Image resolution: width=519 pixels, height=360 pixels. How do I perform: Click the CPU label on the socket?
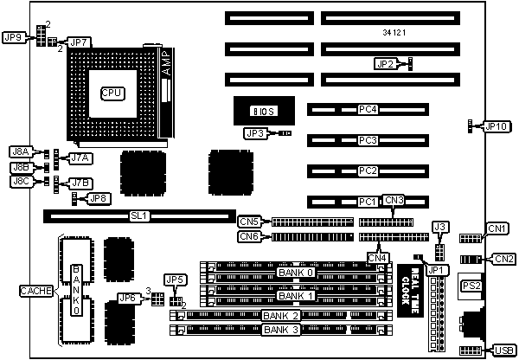pyautogui.click(x=112, y=92)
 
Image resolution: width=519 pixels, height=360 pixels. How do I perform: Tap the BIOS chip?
pyautogui.click(x=261, y=111)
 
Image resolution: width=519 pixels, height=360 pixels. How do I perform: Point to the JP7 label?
pyautogui.click(x=79, y=42)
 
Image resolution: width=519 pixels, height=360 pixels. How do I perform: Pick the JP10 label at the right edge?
pyautogui.click(x=497, y=126)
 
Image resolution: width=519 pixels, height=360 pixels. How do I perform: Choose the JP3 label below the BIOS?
pyautogui.click(x=255, y=133)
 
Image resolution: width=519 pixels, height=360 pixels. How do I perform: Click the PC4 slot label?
pyautogui.click(x=368, y=110)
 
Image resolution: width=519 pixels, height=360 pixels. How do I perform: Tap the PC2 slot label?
pyautogui.click(x=368, y=170)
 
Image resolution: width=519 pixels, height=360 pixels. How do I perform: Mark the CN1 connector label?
pyautogui.click(x=497, y=228)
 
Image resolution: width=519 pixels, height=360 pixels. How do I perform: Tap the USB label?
pyautogui.click(x=503, y=350)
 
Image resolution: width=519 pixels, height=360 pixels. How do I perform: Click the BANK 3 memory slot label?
pyautogui.click(x=282, y=330)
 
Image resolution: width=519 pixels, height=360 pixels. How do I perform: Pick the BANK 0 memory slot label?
pyautogui.click(x=296, y=273)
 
